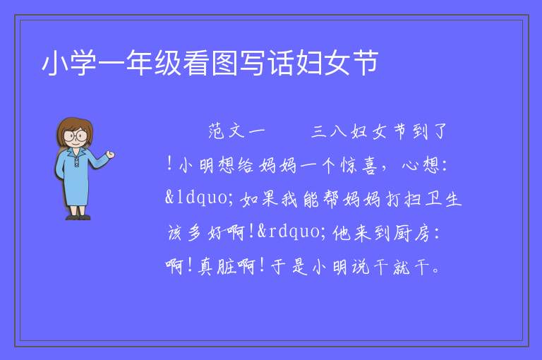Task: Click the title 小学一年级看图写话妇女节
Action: pos(210,63)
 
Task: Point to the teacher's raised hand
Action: pos(110,155)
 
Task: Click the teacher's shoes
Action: pos(78,217)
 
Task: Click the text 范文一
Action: pos(237,131)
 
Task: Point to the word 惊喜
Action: pos(359,165)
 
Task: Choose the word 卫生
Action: pos(443,199)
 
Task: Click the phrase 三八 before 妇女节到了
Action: pos(329,131)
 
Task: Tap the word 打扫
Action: pos(403,199)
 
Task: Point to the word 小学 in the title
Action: pos(69,63)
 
